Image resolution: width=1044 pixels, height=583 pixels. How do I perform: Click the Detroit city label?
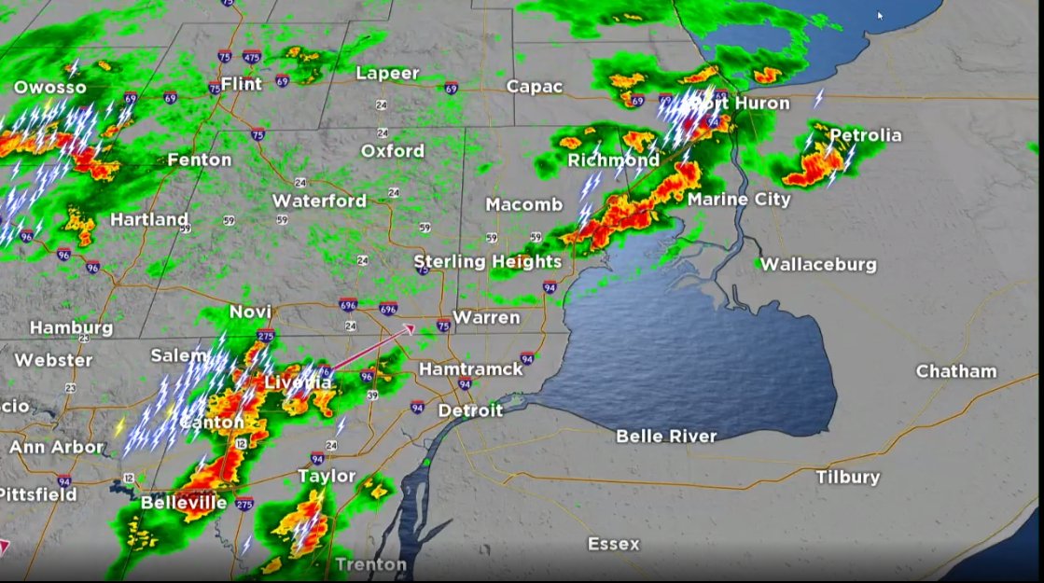coord(470,410)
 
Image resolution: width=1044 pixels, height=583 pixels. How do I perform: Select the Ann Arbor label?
coord(56,447)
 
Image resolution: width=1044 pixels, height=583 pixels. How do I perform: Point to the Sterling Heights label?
coord(487,261)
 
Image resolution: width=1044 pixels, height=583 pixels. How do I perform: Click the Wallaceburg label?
coord(818,264)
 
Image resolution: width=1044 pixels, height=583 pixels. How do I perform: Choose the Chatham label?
coord(956,371)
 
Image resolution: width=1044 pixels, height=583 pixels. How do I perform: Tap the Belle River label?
coord(666,436)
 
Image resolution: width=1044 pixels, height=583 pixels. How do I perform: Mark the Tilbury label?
coord(847,477)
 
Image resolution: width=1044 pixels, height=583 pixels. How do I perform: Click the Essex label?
coord(613,544)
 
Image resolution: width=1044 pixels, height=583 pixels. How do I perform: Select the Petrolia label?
coord(865,135)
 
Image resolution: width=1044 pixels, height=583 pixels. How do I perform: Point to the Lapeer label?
coord(387,73)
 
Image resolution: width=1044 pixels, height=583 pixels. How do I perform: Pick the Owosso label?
coord(49,88)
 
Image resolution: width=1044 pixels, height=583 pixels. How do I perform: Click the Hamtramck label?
coord(471,369)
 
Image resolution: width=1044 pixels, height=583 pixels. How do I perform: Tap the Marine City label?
coord(739,200)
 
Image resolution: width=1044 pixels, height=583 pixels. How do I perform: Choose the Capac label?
coord(535,87)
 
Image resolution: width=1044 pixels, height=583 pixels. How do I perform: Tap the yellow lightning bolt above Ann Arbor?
coord(119,426)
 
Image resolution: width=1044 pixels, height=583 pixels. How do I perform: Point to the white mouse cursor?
coord(880,15)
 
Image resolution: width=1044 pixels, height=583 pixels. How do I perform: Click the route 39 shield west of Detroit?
coord(373,396)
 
